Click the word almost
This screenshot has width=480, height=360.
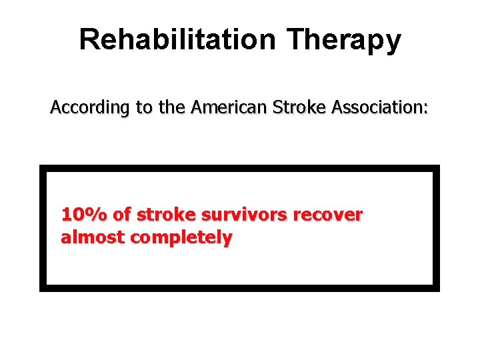click(93, 238)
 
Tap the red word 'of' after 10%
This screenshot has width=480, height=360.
click(122, 215)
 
